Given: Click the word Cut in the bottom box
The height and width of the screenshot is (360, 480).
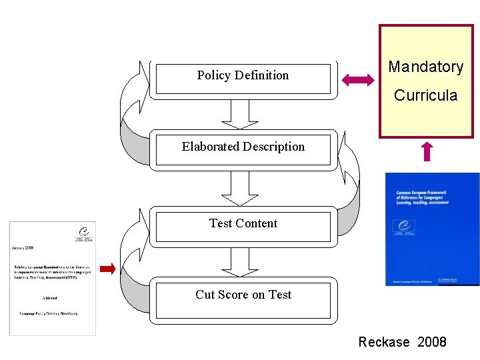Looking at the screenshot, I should point(206,295).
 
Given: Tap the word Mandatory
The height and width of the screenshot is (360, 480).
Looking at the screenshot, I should point(425,67).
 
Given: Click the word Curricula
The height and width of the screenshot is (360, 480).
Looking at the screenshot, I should point(425,95).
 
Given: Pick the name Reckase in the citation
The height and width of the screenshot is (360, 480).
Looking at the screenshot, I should point(384,342).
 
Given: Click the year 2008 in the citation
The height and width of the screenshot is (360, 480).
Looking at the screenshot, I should point(432,342).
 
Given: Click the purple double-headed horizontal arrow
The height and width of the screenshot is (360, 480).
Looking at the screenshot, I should point(358,81).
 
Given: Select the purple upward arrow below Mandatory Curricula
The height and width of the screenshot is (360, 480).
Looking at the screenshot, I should point(427,152).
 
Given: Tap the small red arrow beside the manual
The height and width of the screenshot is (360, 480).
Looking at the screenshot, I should point(107,269).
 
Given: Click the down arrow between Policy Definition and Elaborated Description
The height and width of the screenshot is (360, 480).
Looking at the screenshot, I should point(240,114).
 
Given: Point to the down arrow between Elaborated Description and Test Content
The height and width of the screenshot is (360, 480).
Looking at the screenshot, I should point(240,189).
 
